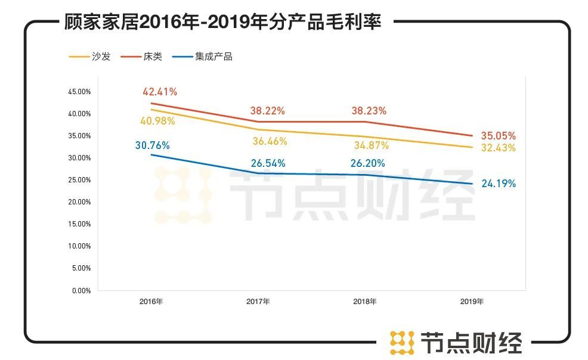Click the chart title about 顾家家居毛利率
[x=222, y=22]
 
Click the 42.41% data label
[x=159, y=92]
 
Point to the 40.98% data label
[x=157, y=121]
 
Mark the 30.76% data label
[x=152, y=145]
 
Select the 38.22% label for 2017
[x=267, y=111]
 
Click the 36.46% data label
[x=270, y=141]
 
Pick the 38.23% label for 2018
[x=369, y=111]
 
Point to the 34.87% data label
[x=371, y=145]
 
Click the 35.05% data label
[x=498, y=136]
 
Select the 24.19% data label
[x=498, y=184]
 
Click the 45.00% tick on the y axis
[x=79, y=92]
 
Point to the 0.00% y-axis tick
[x=81, y=291]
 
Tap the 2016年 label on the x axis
[x=151, y=302]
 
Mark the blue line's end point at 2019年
[x=472, y=184]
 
